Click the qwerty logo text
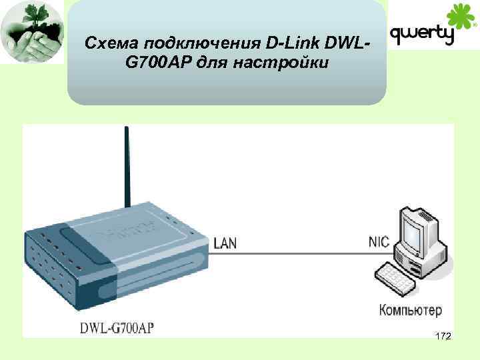(422, 34)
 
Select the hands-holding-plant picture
(32, 32)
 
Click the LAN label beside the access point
(225, 244)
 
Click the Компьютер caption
(410, 311)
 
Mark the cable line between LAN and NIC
(300, 253)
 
